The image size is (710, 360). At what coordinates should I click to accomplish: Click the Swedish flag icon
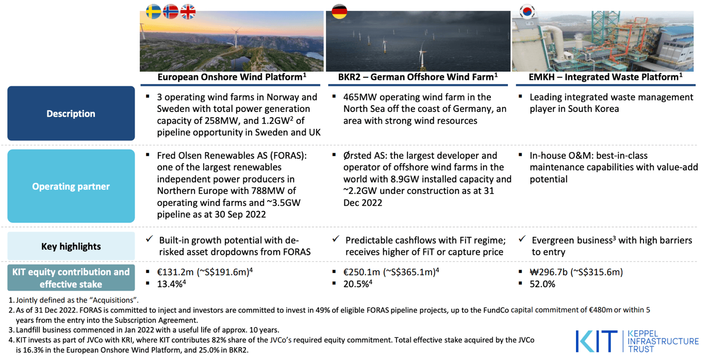[154, 12]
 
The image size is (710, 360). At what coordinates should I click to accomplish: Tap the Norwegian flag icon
[171, 12]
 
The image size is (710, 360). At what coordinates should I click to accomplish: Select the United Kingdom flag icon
[188, 12]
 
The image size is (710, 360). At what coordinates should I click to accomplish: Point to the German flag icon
[339, 11]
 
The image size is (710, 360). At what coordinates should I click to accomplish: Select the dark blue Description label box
[71, 113]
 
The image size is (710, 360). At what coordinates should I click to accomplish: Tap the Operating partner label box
[71, 186]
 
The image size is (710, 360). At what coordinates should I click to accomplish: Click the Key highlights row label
[71, 247]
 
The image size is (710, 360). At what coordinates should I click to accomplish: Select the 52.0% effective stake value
[542, 284]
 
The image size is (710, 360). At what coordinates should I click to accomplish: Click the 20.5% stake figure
[355, 284]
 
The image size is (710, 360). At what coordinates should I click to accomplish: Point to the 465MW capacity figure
[359, 97]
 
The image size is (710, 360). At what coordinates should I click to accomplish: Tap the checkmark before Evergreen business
[522, 239]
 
